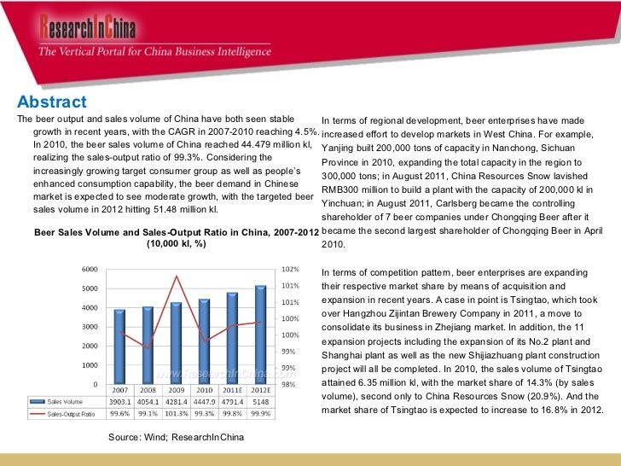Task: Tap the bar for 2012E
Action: click(x=259, y=334)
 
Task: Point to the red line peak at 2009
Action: click(x=176, y=276)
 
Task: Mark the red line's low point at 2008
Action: click(x=148, y=348)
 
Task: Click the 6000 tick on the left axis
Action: click(x=89, y=268)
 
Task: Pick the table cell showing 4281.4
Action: click(x=176, y=401)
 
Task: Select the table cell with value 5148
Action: click(x=259, y=401)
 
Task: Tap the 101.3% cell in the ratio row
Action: click(x=176, y=414)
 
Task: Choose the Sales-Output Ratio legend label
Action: click(x=70, y=414)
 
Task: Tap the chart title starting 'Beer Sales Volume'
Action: click(x=176, y=233)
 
